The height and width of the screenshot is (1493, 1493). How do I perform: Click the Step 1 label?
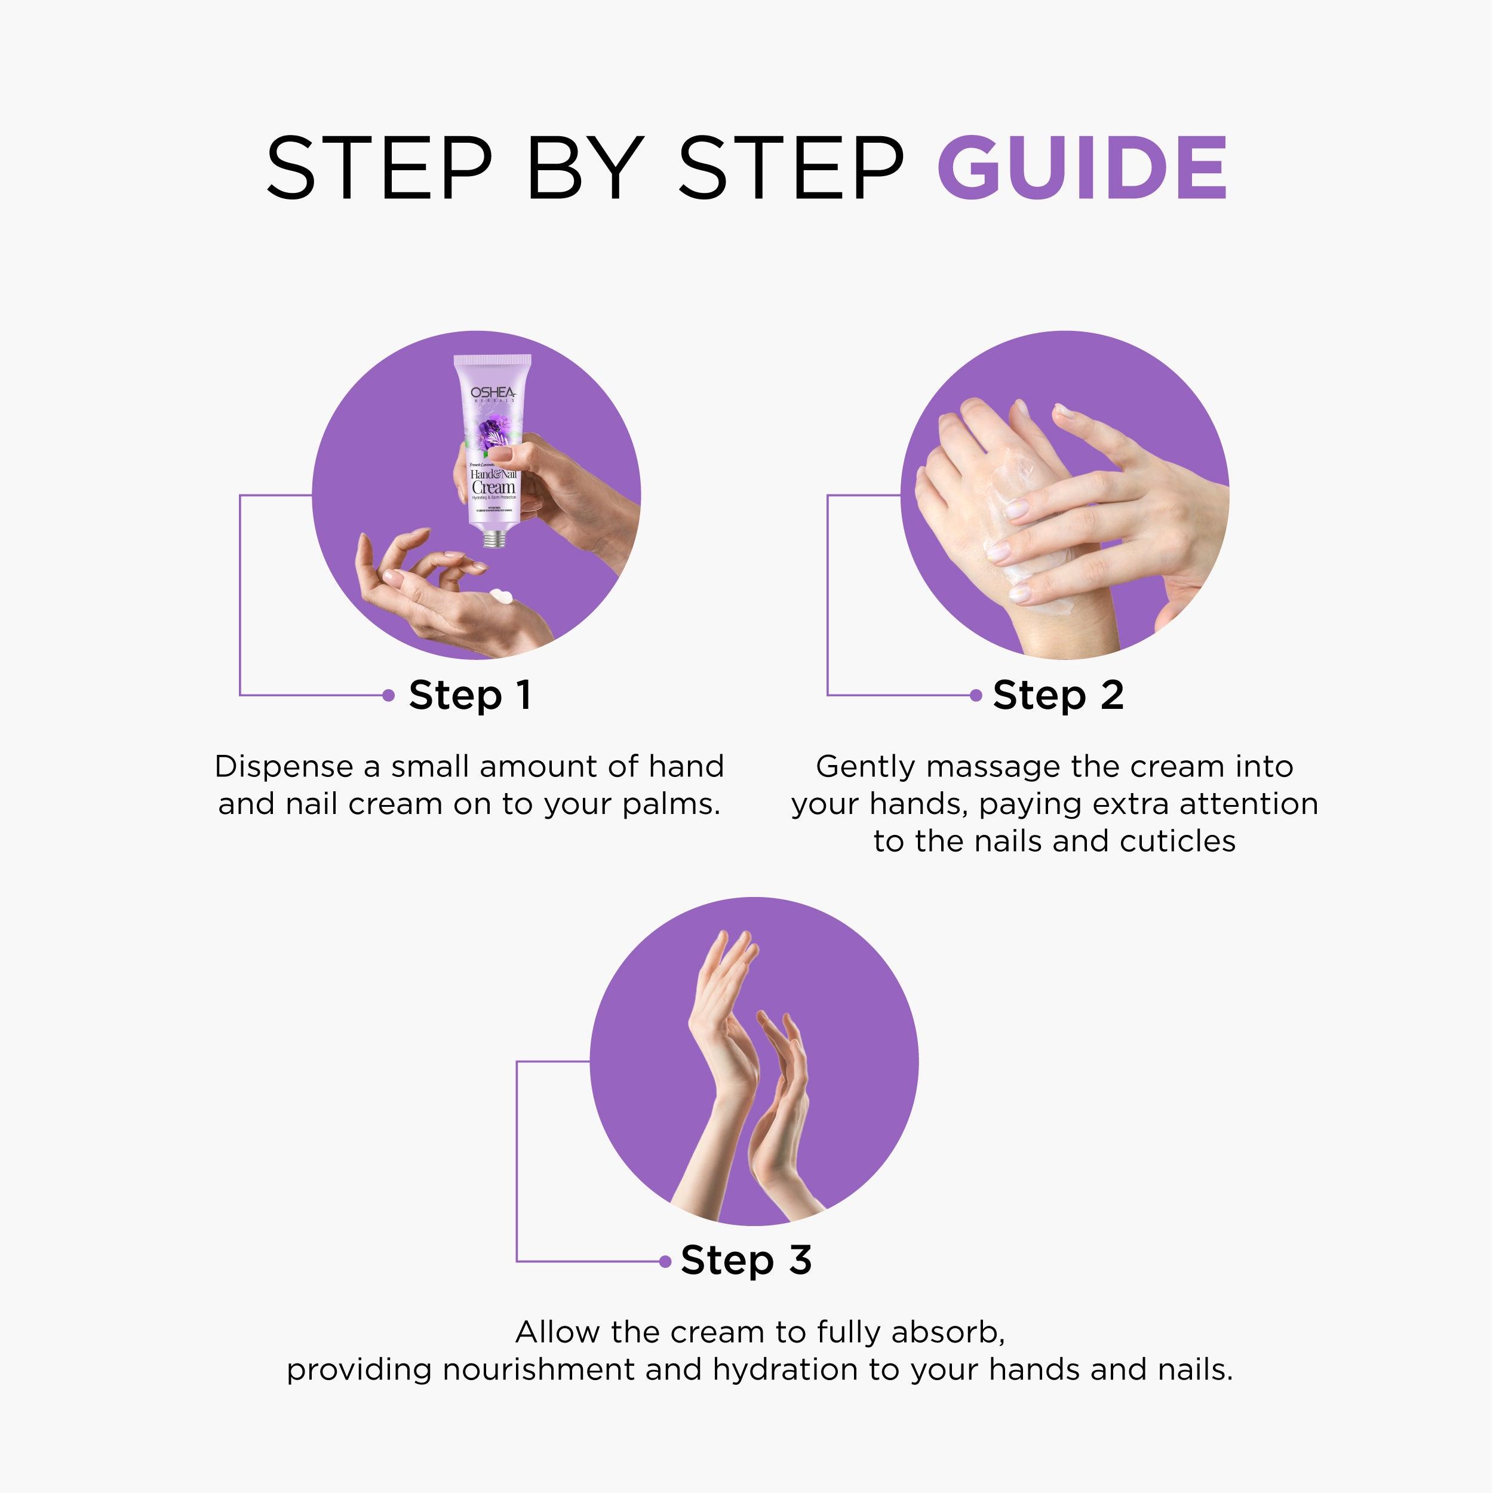(x=470, y=695)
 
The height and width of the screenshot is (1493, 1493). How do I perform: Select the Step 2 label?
(x=1057, y=695)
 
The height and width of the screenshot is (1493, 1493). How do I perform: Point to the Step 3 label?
(x=746, y=1261)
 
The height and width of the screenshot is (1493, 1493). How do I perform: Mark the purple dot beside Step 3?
(x=665, y=1261)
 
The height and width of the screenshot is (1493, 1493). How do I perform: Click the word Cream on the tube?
(x=493, y=488)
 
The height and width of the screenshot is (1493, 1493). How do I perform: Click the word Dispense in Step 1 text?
(x=283, y=767)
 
